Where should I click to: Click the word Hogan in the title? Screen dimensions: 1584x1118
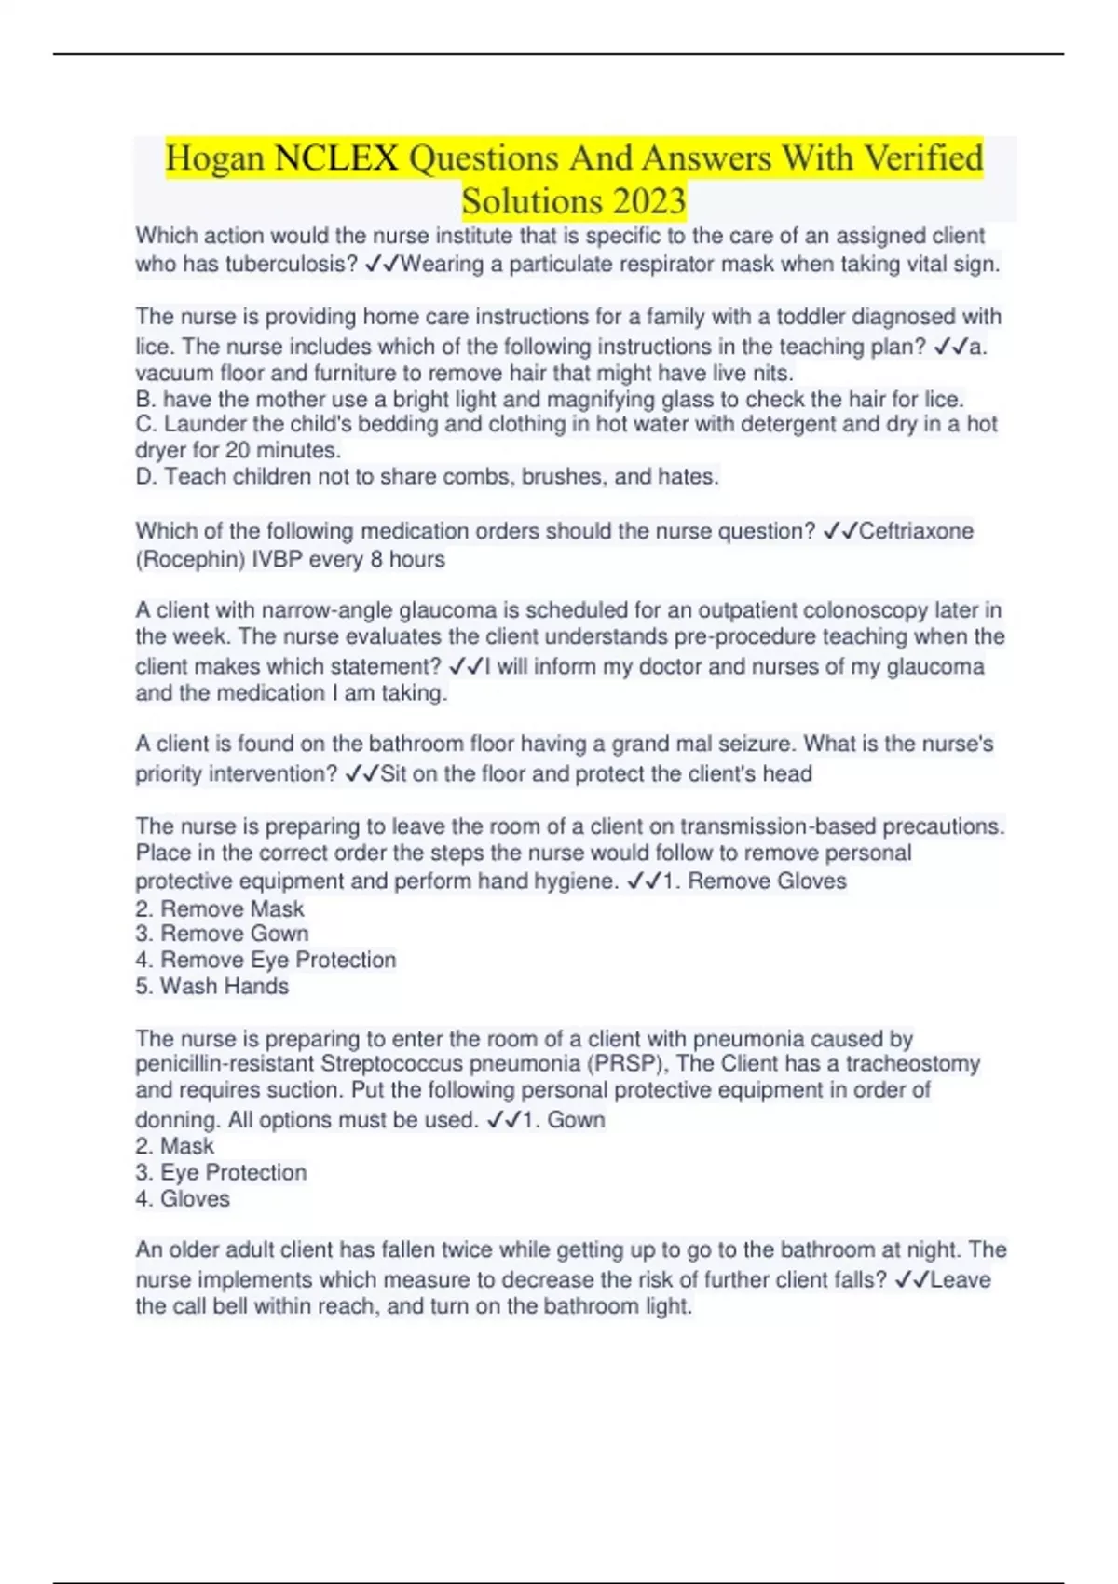[x=215, y=158]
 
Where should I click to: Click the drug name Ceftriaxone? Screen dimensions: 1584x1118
[x=916, y=531]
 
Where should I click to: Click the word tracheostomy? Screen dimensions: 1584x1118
[x=913, y=1064]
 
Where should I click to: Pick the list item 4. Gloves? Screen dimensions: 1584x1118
[x=183, y=1199]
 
